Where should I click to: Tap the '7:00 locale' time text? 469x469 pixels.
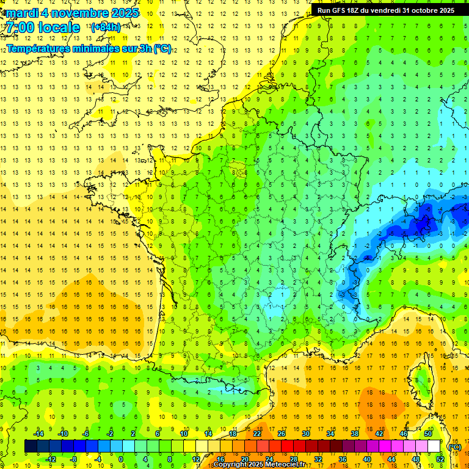coord(43,27)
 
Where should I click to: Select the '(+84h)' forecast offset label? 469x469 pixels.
coord(106,27)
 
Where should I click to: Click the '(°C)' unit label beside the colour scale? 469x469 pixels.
coord(454,446)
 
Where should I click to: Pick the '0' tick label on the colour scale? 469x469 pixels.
coord(121,459)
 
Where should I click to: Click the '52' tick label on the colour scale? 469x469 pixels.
coord(440,459)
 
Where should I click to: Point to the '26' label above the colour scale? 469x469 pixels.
coord(282,434)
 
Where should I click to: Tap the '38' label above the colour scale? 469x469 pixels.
coord(355,434)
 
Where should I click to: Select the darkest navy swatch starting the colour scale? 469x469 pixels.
coord(31,446)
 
